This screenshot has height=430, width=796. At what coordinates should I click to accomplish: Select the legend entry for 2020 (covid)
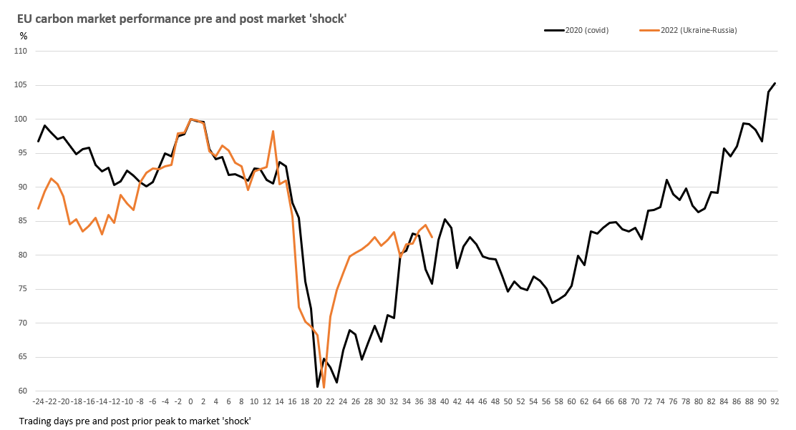click(577, 30)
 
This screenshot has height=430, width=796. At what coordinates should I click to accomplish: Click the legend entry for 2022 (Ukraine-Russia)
click(687, 30)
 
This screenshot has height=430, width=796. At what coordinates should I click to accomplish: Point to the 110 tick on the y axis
click(20, 51)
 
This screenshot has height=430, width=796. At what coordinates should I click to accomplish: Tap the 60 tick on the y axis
click(22, 391)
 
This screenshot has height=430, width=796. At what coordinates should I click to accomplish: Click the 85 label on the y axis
click(22, 221)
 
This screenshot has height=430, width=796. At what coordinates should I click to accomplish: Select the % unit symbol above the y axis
click(23, 36)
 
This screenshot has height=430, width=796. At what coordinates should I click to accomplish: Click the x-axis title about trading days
click(135, 421)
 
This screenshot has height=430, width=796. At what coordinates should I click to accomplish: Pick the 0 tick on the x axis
click(190, 401)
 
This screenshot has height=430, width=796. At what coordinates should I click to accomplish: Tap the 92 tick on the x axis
click(775, 401)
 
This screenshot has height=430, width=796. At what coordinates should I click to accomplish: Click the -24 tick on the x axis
click(38, 401)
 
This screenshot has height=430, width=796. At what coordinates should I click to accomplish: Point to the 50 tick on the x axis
click(508, 401)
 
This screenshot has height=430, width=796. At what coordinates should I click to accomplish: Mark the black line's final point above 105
click(775, 83)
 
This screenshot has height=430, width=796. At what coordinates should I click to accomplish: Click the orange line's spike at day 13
click(273, 131)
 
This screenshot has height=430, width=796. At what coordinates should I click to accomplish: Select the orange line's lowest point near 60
click(324, 388)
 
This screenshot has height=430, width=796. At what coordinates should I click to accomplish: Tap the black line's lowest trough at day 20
click(318, 387)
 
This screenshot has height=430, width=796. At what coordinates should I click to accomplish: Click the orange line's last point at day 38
click(432, 237)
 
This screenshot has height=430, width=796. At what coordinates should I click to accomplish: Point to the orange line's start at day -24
click(39, 208)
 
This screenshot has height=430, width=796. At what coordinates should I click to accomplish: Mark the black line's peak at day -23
click(45, 125)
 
